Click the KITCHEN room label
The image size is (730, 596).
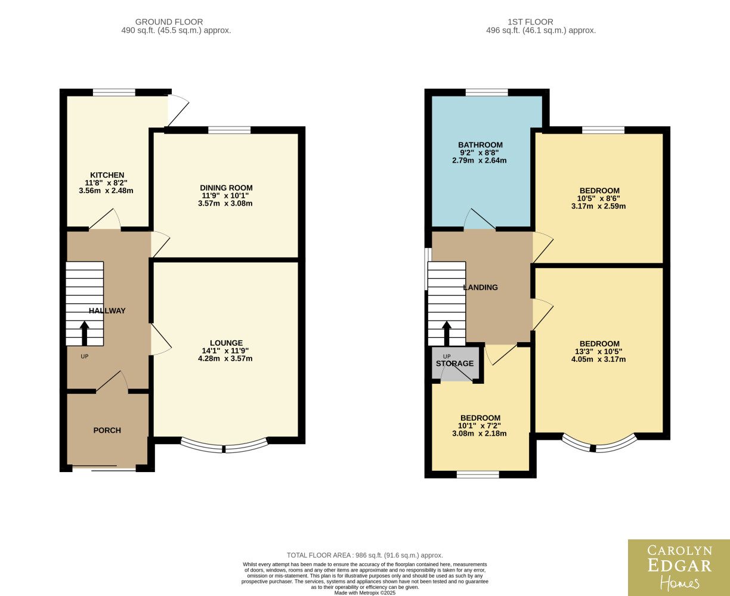coord(107,175)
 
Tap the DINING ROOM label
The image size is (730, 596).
coord(227,188)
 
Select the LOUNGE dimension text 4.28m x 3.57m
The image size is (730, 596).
coord(225,358)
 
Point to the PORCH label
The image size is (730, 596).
coord(107,430)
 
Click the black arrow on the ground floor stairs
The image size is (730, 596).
coord(85,333)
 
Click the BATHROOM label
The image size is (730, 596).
coord(481,145)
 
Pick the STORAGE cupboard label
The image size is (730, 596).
coord(455,364)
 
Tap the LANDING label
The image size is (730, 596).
coord(481,287)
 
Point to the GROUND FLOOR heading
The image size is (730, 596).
coord(169,22)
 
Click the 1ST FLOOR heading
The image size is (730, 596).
coord(531,22)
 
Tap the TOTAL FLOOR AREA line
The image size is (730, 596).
coord(365,555)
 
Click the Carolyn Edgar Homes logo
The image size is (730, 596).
coord(679,567)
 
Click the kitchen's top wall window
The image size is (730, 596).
coord(114,92)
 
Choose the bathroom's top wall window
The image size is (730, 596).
coord(487,92)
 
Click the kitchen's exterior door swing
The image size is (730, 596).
coord(178,110)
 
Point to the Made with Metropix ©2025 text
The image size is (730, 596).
coord(365,593)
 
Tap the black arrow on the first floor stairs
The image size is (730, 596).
coord(447,333)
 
